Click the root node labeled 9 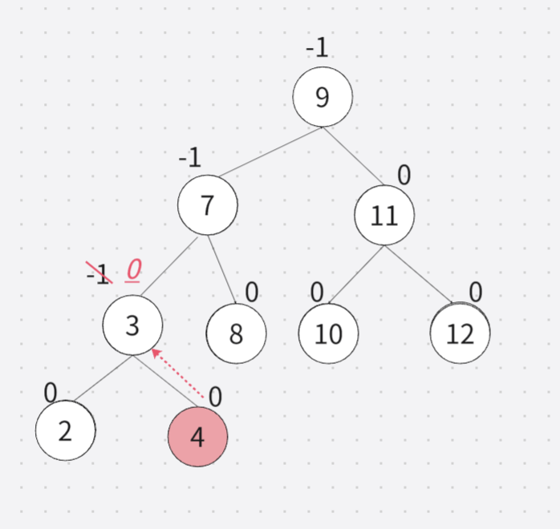tap(323, 97)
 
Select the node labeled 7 tap(208, 205)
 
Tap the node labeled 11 tap(384, 215)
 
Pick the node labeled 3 tap(133, 325)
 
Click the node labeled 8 tap(236, 333)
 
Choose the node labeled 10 tap(328, 333)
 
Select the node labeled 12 tap(460, 333)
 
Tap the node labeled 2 tap(66, 430)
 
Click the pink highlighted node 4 tap(197, 437)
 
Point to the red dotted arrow tap(176, 374)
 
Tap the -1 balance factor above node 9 tap(317, 48)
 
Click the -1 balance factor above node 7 tap(190, 157)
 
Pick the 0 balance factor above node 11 tap(404, 175)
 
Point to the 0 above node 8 tap(252, 293)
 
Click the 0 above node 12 tap(476, 293)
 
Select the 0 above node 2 tap(51, 393)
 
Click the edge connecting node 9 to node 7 tap(270, 151)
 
